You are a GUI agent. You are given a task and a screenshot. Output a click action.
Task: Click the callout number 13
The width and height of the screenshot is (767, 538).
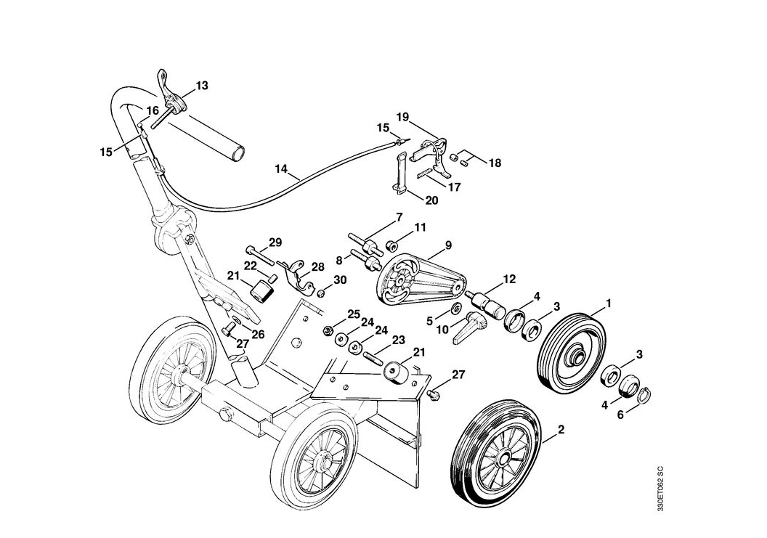tap(202, 86)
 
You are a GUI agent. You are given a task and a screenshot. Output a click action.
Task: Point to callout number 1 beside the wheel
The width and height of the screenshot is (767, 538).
tap(609, 302)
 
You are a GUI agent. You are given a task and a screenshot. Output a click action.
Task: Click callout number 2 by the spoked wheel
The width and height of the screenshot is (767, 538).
tap(560, 429)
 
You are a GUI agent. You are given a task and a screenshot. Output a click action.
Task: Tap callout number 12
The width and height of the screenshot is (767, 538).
tap(508, 280)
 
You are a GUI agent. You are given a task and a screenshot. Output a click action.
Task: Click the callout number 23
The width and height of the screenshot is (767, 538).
tap(398, 339)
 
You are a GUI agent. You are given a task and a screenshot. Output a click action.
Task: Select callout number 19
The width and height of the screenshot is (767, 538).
tap(403, 117)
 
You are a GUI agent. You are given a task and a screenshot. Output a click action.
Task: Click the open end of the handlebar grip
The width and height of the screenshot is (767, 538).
tap(237, 153)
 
